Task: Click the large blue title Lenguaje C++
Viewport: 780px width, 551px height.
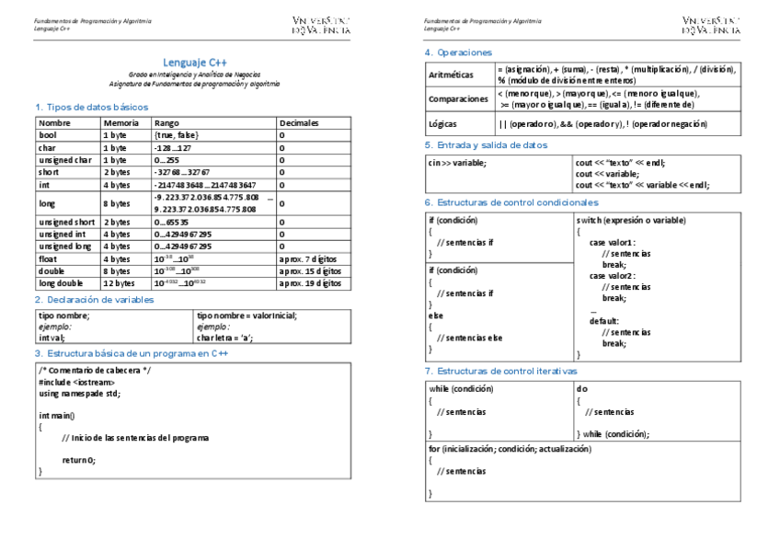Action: [195, 61]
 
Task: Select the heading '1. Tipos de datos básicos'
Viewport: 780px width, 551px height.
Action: [91, 108]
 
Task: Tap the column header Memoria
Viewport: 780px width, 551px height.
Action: [121, 123]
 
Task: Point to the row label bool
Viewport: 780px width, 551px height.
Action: [48, 135]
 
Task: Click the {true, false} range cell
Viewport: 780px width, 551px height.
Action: [177, 135]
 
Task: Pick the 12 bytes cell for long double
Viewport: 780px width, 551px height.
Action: [119, 284]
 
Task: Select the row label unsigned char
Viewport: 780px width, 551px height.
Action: [64, 160]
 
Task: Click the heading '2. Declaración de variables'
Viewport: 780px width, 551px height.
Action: [95, 300]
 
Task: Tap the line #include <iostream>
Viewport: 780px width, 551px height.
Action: [76, 382]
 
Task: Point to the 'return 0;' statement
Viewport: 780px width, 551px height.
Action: [78, 460]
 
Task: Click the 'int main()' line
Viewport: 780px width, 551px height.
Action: [57, 416]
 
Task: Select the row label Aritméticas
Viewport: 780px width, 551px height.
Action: [452, 75]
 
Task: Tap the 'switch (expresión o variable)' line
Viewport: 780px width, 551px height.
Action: [631, 221]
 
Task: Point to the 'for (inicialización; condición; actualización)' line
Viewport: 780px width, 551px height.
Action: [510, 449]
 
